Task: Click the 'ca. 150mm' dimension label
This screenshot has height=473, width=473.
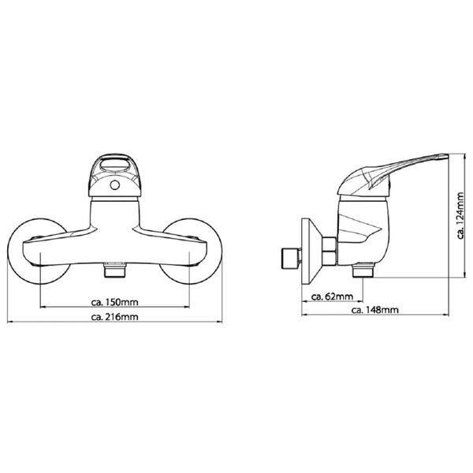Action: pos(114,302)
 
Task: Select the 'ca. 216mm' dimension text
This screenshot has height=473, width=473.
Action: pos(114,317)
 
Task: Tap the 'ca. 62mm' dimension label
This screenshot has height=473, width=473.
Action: pos(332,297)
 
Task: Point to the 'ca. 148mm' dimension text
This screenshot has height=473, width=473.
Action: pos(375,310)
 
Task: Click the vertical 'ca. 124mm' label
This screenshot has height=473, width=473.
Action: pos(460,215)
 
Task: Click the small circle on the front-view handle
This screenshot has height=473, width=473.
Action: pos(114,185)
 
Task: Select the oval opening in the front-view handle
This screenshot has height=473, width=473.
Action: pos(114,166)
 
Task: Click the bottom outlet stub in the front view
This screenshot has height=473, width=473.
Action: pos(114,270)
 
